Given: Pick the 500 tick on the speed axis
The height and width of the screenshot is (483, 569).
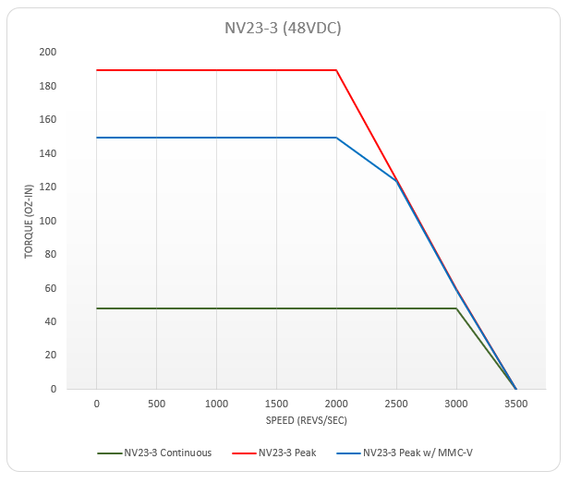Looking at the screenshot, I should point(156,404).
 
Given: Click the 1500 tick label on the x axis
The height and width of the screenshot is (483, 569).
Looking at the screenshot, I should point(276,404).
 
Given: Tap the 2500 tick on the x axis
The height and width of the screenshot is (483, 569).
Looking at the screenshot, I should point(396,404).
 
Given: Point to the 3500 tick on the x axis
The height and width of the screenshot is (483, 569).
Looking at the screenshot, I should point(515,404).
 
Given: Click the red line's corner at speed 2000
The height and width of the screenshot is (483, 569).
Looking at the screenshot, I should point(336,70).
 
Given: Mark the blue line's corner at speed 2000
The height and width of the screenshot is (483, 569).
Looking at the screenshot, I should point(336,138).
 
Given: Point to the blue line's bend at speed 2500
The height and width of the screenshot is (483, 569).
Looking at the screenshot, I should point(396,181).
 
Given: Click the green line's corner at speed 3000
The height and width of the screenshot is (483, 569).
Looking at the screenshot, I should point(456,308).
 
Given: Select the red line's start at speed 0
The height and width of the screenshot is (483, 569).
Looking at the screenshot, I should point(96,70).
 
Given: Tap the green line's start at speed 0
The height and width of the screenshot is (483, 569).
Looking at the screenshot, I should point(96,308).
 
